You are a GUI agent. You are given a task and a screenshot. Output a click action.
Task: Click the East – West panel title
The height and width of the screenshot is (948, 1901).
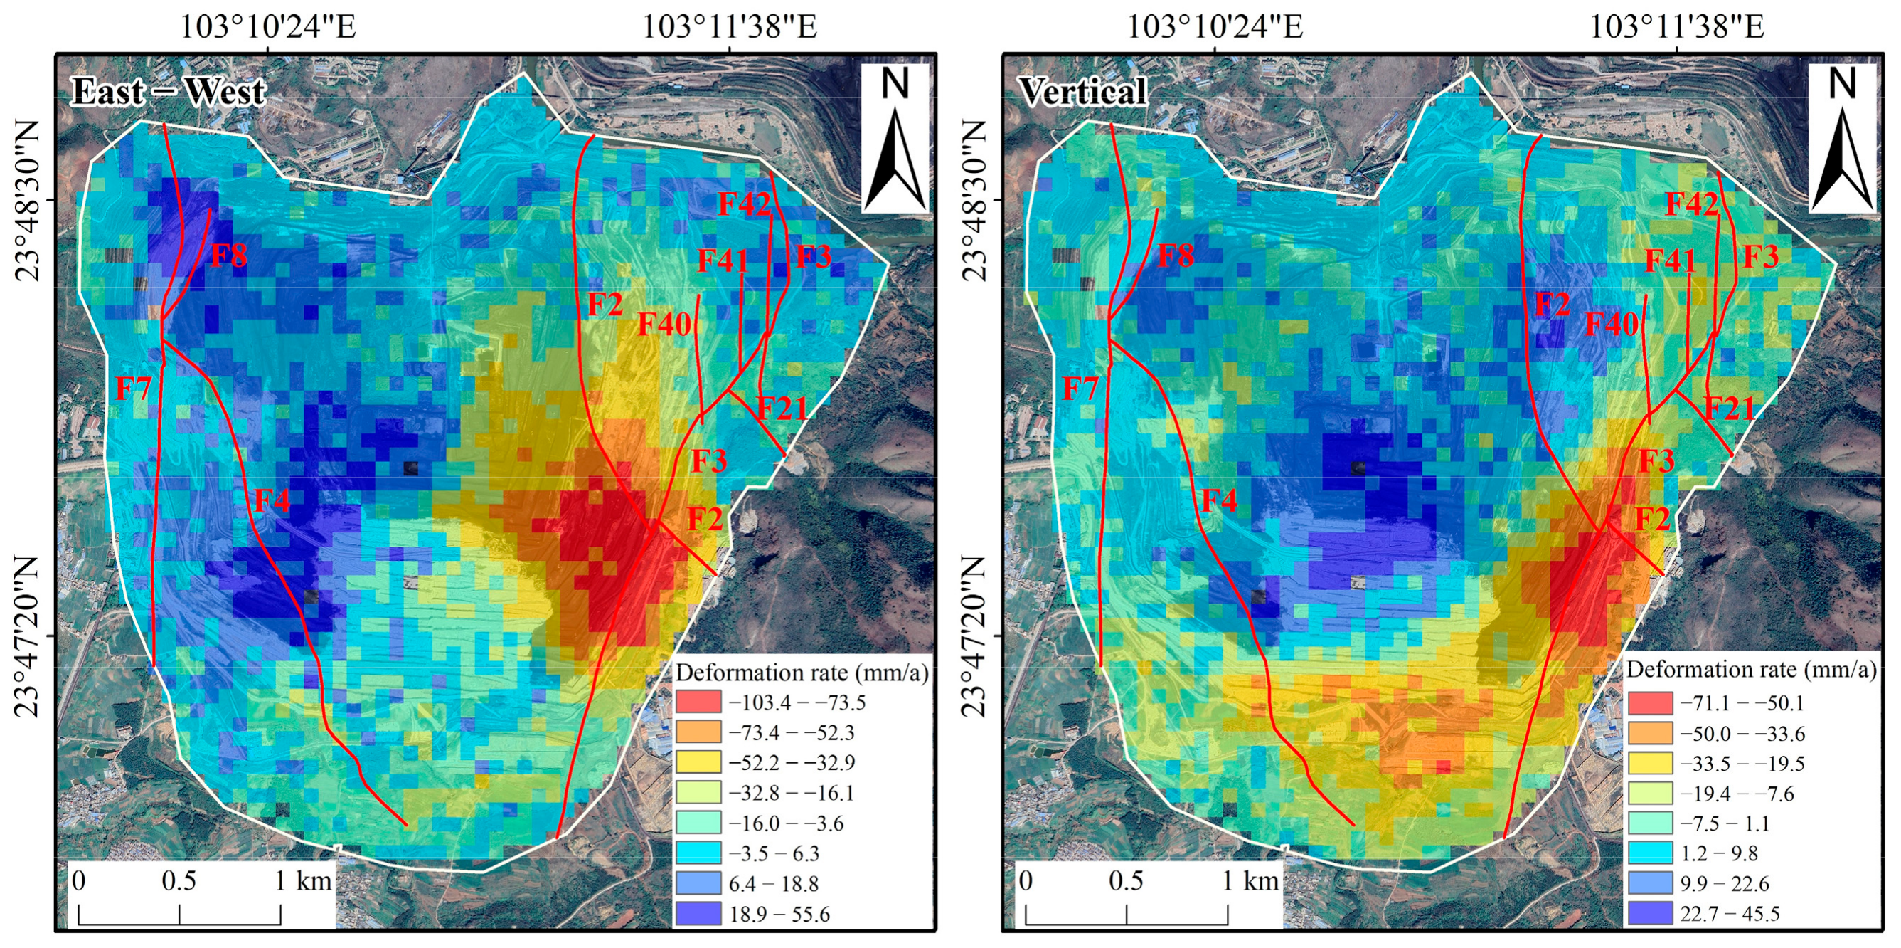point(169,93)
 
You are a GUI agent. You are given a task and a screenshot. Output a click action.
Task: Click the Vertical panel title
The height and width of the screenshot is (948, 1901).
point(1082,93)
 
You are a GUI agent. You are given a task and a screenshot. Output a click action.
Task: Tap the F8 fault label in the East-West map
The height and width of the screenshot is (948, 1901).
point(229,256)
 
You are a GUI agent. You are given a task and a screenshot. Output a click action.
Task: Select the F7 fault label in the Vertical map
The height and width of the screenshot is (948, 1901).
point(1080,389)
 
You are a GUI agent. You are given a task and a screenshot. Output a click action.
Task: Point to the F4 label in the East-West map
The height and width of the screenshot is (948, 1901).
point(272,500)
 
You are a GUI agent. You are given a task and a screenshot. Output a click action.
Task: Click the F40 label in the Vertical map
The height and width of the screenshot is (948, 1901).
point(1612,323)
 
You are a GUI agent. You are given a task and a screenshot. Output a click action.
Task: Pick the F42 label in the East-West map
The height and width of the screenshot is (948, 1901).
point(744,204)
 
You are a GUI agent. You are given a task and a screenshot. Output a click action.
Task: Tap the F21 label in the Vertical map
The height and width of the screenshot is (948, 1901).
point(1729,408)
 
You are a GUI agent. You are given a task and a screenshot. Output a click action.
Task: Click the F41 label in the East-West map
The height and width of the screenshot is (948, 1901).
point(723,260)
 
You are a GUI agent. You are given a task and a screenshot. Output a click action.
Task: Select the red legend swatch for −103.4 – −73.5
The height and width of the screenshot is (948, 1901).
point(698,702)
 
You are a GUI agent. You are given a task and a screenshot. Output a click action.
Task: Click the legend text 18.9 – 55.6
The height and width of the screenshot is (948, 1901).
point(779,914)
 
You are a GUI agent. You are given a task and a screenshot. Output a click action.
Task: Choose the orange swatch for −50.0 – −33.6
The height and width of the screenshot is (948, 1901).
point(1650,733)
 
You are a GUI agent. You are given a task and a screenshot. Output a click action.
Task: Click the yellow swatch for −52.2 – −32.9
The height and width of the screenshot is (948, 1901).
point(698,762)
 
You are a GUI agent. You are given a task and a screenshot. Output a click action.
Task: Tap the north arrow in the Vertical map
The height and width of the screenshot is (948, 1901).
point(1842,159)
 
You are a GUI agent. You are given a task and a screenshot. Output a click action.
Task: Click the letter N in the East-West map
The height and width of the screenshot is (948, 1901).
point(895,83)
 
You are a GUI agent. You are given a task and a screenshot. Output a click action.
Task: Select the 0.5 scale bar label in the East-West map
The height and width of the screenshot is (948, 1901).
point(179,881)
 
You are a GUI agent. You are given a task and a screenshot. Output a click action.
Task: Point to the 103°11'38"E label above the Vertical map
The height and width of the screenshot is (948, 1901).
point(1676,27)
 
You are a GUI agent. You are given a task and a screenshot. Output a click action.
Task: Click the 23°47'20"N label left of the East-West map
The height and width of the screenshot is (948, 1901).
point(26,636)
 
